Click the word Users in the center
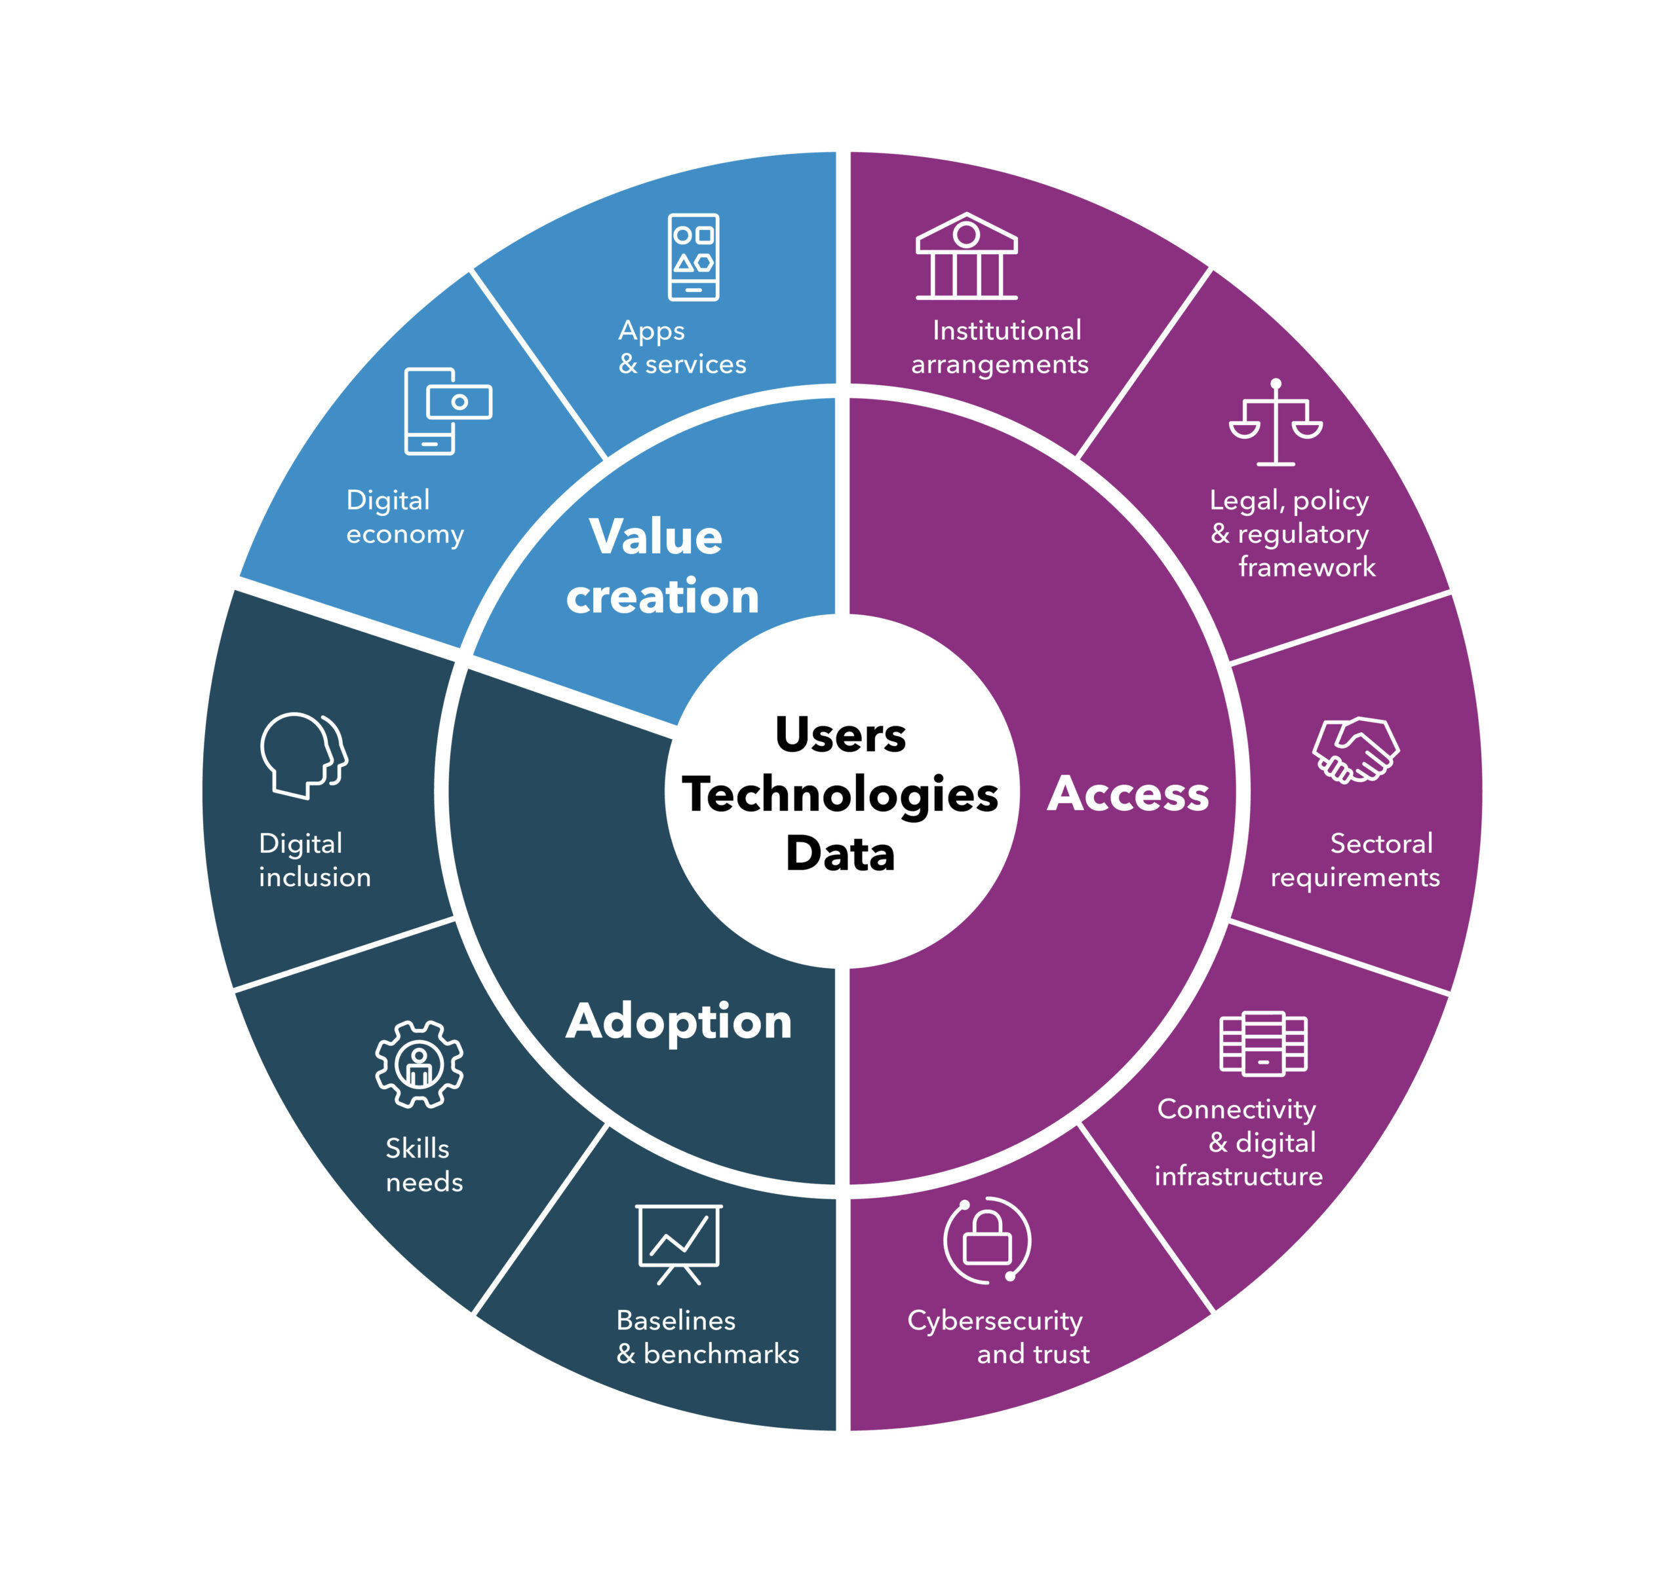click(840, 734)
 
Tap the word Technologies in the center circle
click(840, 794)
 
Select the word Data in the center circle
click(840, 853)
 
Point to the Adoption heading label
click(679, 1022)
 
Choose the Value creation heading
click(661, 566)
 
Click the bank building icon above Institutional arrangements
click(966, 256)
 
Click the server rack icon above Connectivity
click(1263, 1043)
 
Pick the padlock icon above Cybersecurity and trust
click(986, 1240)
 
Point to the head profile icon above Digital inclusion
click(303, 755)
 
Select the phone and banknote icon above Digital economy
click(446, 411)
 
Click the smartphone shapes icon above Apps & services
click(693, 257)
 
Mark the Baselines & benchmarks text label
click(707, 1337)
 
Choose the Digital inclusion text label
click(315, 860)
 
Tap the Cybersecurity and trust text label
click(998, 1337)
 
